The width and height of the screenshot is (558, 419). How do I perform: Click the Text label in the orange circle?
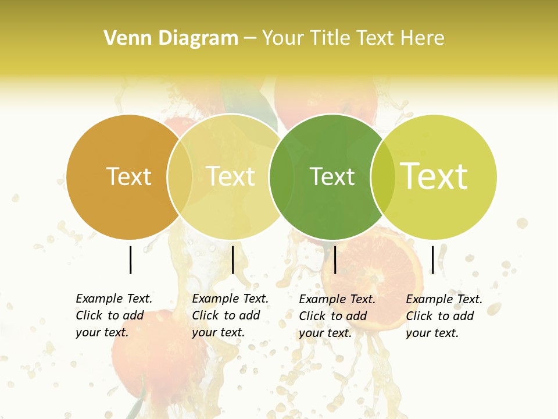[x=128, y=176]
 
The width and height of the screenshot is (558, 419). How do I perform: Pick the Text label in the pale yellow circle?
[x=230, y=176]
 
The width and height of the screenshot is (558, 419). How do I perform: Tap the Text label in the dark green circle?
[x=332, y=176]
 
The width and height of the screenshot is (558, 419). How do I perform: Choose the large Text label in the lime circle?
[x=434, y=176]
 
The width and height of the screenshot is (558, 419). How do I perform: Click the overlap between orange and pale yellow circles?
[x=180, y=177]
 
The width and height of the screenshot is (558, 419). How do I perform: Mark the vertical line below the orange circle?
[x=131, y=260]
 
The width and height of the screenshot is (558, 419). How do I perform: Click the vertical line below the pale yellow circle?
[x=233, y=260]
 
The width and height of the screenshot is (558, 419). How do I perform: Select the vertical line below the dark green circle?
[x=335, y=260]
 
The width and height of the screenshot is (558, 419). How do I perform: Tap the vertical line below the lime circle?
[x=433, y=260]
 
